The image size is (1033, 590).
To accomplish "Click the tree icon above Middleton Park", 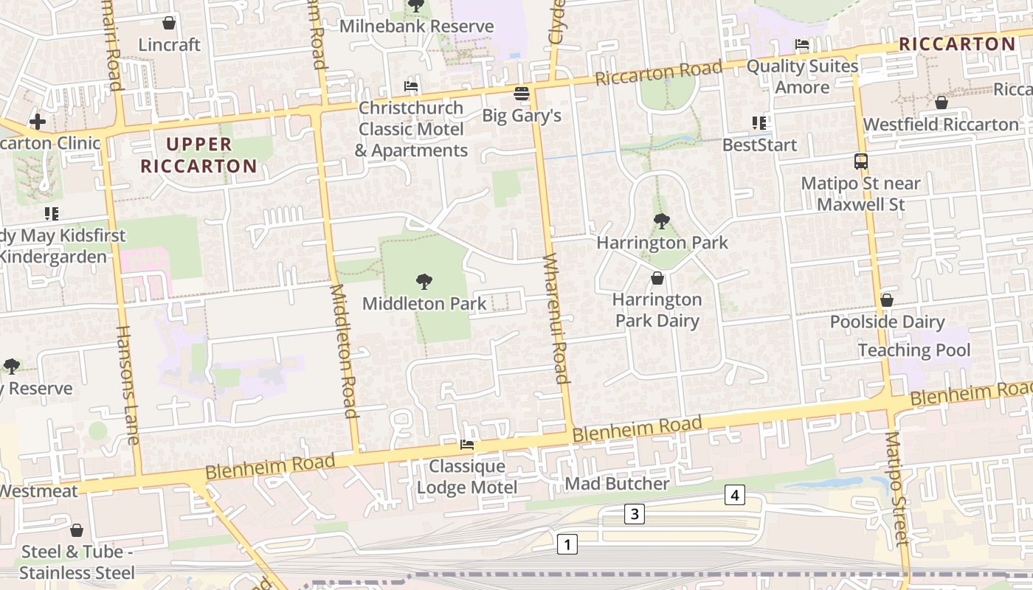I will click(424, 281).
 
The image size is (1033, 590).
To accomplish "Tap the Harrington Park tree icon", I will click(662, 221).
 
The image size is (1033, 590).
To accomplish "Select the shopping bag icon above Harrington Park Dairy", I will click(657, 278).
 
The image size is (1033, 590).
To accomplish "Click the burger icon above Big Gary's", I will click(522, 94).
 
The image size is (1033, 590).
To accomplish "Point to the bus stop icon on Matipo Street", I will click(860, 162).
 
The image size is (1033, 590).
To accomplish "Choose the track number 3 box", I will click(635, 514).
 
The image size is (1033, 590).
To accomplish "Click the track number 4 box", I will click(734, 495).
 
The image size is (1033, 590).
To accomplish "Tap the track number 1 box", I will click(567, 545).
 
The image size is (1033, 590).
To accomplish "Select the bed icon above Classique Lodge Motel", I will click(467, 445).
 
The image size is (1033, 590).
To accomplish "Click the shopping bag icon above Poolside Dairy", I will click(887, 300).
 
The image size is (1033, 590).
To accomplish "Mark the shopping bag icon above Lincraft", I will click(169, 23).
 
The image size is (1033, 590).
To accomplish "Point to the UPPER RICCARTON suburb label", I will click(198, 155).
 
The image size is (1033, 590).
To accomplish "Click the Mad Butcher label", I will click(617, 484).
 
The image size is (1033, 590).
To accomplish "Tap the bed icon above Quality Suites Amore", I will click(802, 44).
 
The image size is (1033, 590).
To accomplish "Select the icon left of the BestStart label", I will click(759, 123).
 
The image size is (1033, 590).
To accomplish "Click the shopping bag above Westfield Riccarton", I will click(941, 103).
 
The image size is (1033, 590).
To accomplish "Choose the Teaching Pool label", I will click(914, 350).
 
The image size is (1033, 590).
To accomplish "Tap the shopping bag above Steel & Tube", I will click(77, 530).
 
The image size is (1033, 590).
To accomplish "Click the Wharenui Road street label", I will click(556, 319).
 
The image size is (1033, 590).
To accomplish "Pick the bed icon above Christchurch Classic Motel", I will click(411, 86).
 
